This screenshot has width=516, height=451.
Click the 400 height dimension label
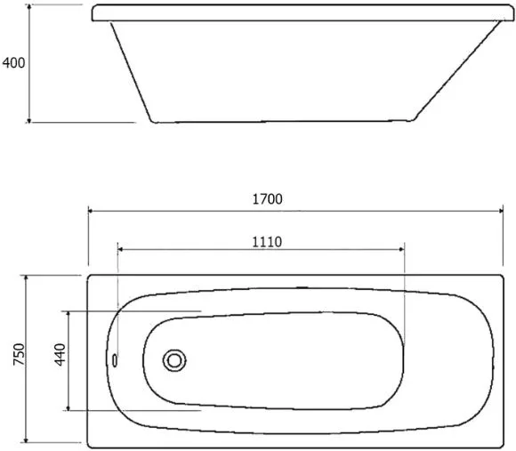click(13, 63)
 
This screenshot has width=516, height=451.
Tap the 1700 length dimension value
click(267, 199)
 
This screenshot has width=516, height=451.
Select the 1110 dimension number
click(267, 242)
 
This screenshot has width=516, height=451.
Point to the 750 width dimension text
click(19, 354)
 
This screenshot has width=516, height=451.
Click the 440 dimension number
click(60, 355)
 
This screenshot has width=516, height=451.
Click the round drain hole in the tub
click(174, 360)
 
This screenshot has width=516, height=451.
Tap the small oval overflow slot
click(115, 360)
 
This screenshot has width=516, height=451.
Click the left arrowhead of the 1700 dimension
click(91, 211)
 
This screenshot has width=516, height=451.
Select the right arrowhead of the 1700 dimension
click(500, 211)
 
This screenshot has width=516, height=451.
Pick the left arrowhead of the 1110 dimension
click(120, 249)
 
